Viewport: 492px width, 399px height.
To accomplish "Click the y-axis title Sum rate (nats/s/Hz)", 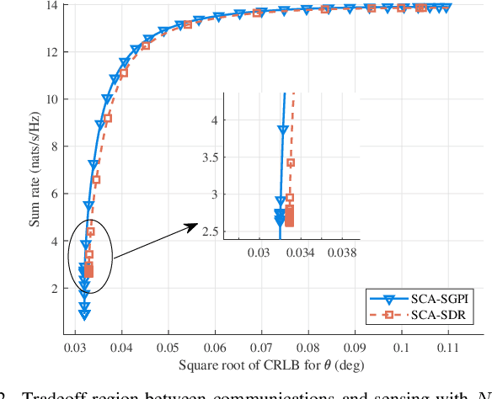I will tap(34, 168).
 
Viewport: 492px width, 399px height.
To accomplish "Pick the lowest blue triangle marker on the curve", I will tap(84, 315).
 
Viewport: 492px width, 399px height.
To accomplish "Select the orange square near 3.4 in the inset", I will tap(291, 162).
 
